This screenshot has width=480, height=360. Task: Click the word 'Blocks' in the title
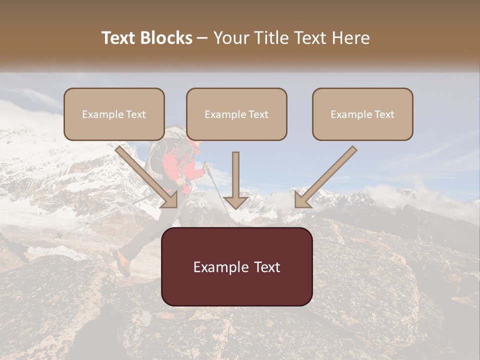[x=167, y=38]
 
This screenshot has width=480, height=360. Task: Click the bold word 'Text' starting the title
[x=119, y=38]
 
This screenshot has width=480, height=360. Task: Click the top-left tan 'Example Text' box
[x=114, y=114]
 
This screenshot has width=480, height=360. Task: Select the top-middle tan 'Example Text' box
[x=236, y=114]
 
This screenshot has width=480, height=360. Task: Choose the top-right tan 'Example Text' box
[x=362, y=114]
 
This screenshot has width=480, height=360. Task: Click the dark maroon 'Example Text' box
[x=236, y=267]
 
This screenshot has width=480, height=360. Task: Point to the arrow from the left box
[x=147, y=177]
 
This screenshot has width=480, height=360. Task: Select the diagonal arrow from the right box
[x=325, y=177]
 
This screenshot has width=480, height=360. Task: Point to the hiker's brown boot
[x=121, y=263]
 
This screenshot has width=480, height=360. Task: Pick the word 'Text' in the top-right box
[x=384, y=114]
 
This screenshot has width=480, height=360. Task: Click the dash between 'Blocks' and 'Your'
[x=202, y=38]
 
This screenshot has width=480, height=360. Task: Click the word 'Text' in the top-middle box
[x=258, y=114]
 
